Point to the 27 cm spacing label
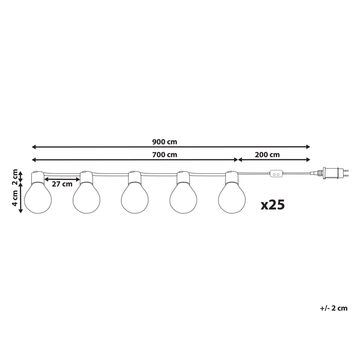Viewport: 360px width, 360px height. (62, 185)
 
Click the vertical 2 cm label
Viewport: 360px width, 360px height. (15, 176)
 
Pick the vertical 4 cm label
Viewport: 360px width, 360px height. (15, 200)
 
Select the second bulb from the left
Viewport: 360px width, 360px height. (86, 198)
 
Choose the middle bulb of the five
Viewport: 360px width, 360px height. (135, 198)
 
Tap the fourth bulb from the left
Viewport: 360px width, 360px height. (184, 198)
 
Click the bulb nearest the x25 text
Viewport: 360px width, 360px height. (232, 198)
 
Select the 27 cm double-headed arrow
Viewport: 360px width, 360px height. (62, 179)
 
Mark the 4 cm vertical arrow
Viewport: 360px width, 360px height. (21, 200)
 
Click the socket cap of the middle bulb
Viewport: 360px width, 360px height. (135, 177)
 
